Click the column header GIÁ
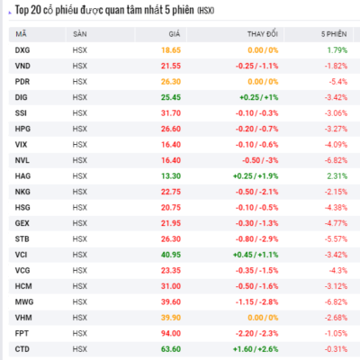pos(175,34)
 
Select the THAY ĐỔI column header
pos(263,34)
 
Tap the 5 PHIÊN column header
pos(334,34)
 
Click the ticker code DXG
pos(22,50)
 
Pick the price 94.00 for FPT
pos(171,333)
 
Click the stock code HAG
pos(22,176)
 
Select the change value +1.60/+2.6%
pos(256,349)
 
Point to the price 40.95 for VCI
pos(171,255)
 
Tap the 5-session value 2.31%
pos(337,176)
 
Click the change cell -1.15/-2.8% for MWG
pos(256,301)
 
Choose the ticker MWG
pos(24,301)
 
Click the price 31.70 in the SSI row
pos(171,113)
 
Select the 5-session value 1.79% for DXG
pos(337,50)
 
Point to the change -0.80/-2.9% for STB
pos(256,239)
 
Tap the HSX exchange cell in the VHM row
pos(80,318)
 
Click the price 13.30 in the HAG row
pos(171,176)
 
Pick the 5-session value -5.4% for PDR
pos(338,82)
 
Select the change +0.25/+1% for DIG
pos(259,97)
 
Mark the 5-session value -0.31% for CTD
pos(336,349)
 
